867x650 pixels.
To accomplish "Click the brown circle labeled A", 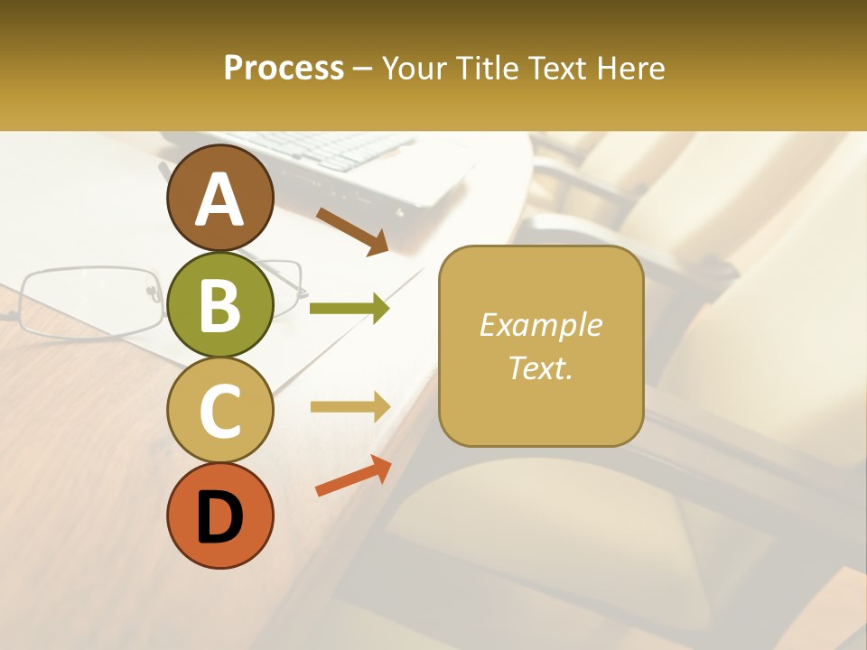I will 219,199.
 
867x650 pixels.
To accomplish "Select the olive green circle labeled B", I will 219,304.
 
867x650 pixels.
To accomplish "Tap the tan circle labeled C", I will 219,410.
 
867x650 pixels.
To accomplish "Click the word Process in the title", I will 284,68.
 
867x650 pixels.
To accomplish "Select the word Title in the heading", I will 486,68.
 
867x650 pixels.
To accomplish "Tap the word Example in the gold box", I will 540,325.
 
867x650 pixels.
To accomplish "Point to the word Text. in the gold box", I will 540,367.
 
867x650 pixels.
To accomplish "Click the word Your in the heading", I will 416,68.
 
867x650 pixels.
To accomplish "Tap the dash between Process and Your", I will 363,70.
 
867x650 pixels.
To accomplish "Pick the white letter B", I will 219,305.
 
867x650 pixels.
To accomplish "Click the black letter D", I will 219,517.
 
